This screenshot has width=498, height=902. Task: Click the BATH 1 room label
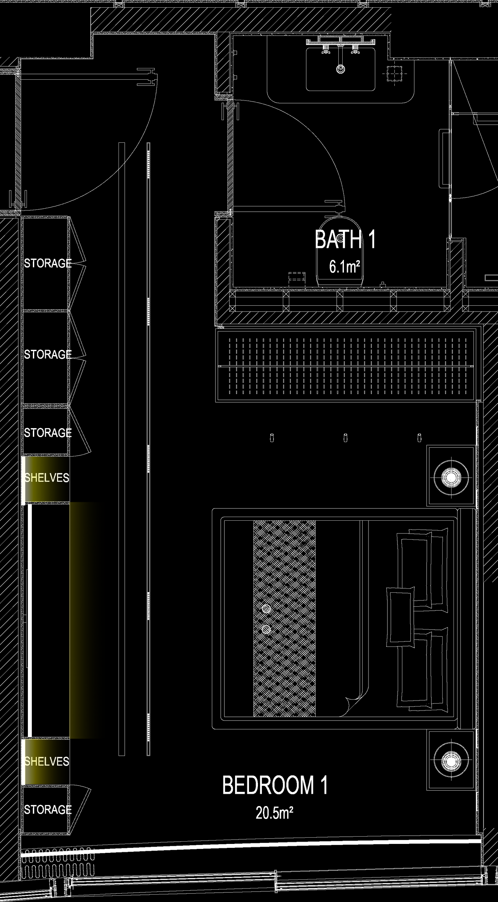click(x=345, y=240)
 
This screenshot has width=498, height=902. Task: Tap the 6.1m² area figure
click(x=345, y=267)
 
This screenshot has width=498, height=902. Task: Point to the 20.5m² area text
click(x=274, y=813)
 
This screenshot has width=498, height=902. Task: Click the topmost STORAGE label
click(x=47, y=263)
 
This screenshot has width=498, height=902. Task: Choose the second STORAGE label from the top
click(x=47, y=354)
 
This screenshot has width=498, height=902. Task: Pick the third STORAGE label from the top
click(x=47, y=433)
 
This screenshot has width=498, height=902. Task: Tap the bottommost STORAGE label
click(x=47, y=809)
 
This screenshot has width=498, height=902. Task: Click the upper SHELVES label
click(x=46, y=478)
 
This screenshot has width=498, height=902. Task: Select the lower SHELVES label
click(x=46, y=761)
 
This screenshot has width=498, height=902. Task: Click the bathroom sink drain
click(x=340, y=69)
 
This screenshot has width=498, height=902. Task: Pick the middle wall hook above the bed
click(x=345, y=438)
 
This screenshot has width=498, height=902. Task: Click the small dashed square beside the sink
click(x=395, y=74)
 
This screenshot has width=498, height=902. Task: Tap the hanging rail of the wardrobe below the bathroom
click(x=346, y=366)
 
